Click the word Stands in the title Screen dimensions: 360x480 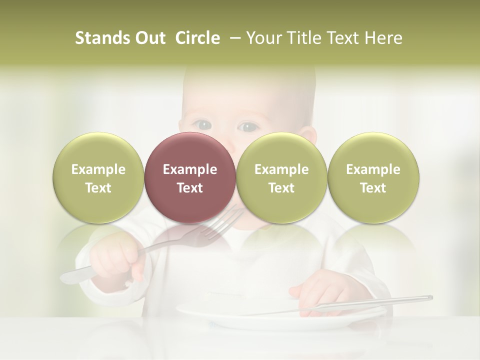[x=102, y=38]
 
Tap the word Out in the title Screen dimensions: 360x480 [x=149, y=38]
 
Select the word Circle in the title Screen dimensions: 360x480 [x=197, y=38]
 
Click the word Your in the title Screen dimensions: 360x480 [x=262, y=38]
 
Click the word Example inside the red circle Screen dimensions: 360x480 [x=189, y=169]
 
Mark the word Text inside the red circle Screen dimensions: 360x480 [x=189, y=188]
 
